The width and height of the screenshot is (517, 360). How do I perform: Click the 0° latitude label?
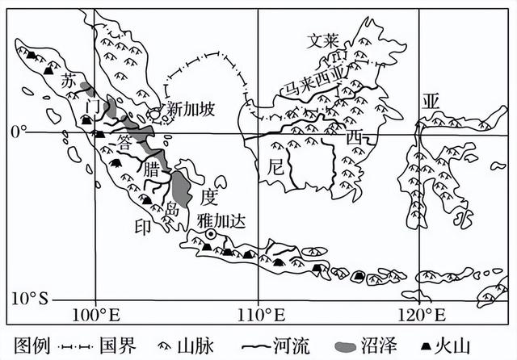(x=16, y=131)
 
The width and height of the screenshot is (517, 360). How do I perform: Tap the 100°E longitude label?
(x=95, y=312)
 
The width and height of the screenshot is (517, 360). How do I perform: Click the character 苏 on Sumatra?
(x=69, y=81)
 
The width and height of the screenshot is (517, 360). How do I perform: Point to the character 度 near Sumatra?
(x=210, y=196)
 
